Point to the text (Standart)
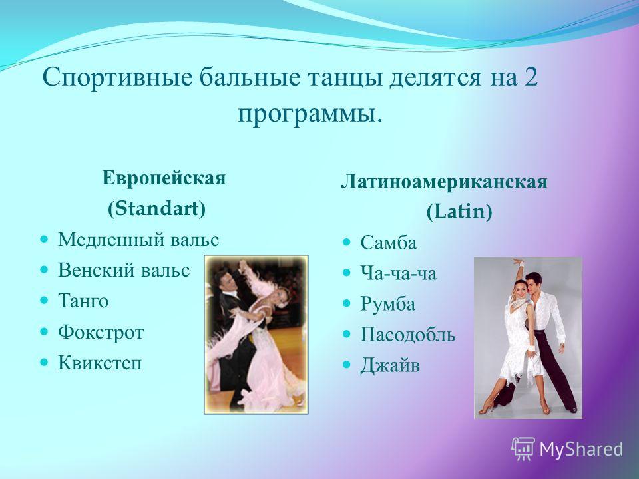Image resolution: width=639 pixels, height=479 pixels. click(156, 208)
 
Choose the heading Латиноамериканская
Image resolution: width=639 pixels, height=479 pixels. click(444, 182)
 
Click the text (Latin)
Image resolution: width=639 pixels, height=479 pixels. click(459, 212)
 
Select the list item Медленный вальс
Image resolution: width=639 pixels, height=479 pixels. click(138, 239)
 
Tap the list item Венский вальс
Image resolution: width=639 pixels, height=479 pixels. click(124, 271)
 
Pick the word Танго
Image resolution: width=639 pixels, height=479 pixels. click(83, 301)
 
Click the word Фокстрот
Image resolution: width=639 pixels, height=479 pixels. click(101, 332)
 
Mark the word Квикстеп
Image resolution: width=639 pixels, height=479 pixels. click(100, 362)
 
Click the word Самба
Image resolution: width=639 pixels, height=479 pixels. click(388, 243)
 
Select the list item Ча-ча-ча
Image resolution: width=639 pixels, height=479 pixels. click(398, 273)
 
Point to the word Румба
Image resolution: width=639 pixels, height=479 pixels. click(387, 304)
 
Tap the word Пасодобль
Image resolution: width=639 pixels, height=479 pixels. click(408, 335)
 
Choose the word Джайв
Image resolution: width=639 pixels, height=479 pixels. click(389, 365)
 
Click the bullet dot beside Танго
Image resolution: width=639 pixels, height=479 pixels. click(44, 301)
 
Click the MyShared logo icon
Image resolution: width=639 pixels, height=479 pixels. click(523, 448)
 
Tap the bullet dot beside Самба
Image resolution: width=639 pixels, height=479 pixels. click(346, 242)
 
